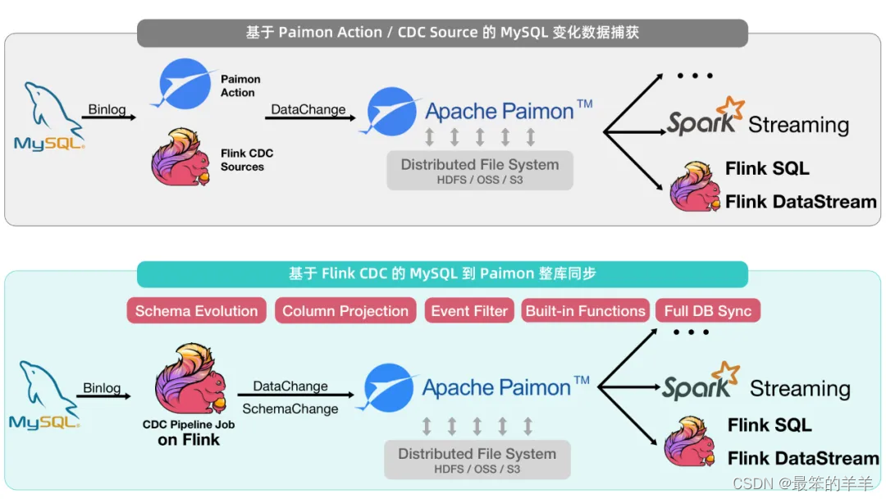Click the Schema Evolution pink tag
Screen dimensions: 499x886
(x=196, y=311)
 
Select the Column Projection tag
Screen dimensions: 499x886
(x=345, y=311)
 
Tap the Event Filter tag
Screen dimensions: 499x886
(x=470, y=311)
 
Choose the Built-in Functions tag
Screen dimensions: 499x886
(x=585, y=311)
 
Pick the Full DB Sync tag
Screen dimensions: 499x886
(x=707, y=311)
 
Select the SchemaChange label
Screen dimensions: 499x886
(x=290, y=409)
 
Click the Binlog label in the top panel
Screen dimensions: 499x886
(x=107, y=109)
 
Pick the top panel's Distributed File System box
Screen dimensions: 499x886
(x=480, y=170)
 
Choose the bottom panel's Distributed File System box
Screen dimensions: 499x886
(x=477, y=460)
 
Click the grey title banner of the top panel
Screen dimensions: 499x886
(x=442, y=33)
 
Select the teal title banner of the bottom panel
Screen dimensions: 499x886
(x=442, y=274)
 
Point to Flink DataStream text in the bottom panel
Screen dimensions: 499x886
(x=802, y=458)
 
